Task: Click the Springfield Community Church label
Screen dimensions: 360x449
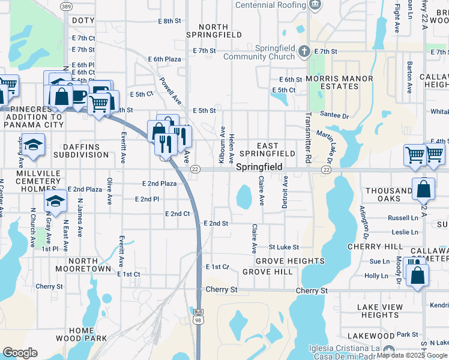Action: tap(259, 52)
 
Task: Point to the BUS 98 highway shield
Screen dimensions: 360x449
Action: tap(199, 316)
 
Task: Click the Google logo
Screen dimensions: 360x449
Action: tap(20, 353)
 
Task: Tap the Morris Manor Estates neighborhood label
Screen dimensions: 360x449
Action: tap(339, 82)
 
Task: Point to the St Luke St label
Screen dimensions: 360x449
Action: tap(283, 247)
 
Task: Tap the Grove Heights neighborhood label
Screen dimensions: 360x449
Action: tap(290, 261)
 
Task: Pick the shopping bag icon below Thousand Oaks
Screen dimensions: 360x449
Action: tap(424, 188)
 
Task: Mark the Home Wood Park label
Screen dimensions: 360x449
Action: tap(89, 334)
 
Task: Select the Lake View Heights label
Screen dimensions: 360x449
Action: tap(380, 311)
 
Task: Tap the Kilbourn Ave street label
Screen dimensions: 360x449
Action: tap(223, 145)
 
